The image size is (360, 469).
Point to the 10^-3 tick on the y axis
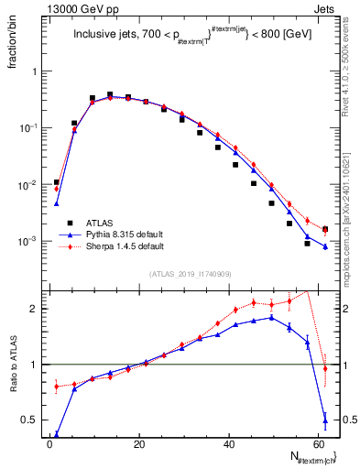28,241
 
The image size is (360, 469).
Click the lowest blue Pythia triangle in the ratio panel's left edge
57,434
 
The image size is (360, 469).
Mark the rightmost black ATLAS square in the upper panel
325,229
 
